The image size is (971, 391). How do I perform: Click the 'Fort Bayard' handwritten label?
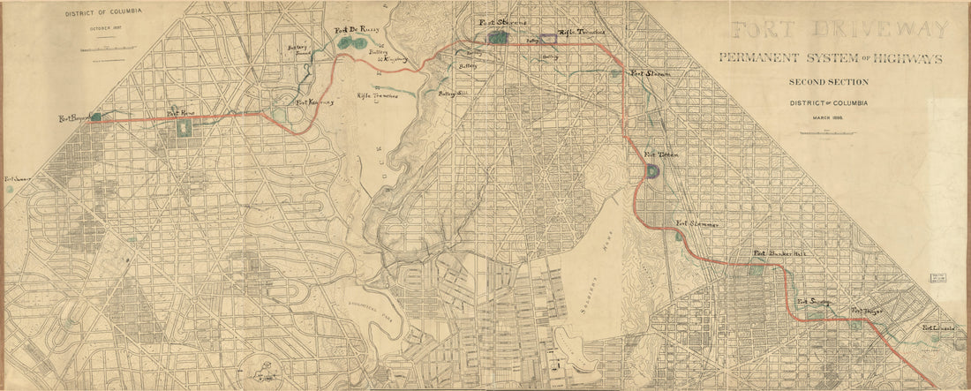pyautogui.click(x=74, y=117)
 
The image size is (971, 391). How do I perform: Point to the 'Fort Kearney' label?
pyautogui.click(x=315, y=102)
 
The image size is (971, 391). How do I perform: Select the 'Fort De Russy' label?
pyautogui.click(x=356, y=31)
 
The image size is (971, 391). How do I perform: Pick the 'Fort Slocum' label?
pyautogui.click(x=649, y=73)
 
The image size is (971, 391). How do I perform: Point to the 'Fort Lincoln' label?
pyautogui.click(x=939, y=328)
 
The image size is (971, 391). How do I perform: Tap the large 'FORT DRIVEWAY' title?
pyautogui.click(x=839, y=30)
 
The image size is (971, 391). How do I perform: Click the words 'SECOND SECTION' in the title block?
pyautogui.click(x=829, y=82)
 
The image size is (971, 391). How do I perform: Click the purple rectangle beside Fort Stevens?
pyautogui.click(x=550, y=39)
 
